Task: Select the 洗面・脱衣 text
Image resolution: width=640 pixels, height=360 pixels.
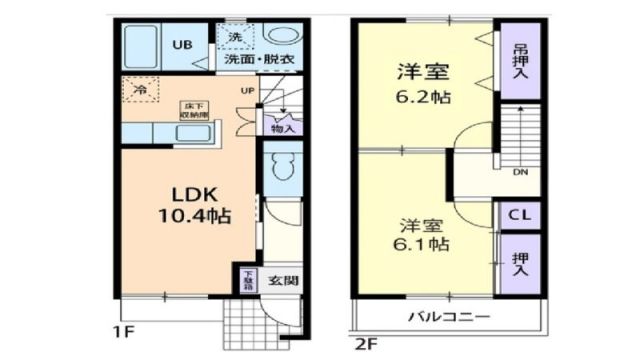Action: click(x=258, y=60)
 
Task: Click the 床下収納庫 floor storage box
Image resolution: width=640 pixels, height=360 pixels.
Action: click(x=193, y=109)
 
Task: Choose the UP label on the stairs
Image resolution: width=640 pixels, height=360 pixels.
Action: click(x=246, y=92)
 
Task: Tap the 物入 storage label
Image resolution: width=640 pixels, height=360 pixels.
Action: click(x=283, y=128)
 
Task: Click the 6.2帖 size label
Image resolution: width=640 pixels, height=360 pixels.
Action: click(x=422, y=98)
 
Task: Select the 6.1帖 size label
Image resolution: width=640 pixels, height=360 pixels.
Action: click(x=422, y=243)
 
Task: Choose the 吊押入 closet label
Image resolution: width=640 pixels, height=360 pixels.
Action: click(x=521, y=62)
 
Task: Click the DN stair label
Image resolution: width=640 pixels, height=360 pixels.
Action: click(x=521, y=173)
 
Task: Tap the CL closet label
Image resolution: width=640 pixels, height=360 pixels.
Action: click(x=520, y=215)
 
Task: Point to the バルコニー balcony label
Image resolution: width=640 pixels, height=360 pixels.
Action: click(x=448, y=318)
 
